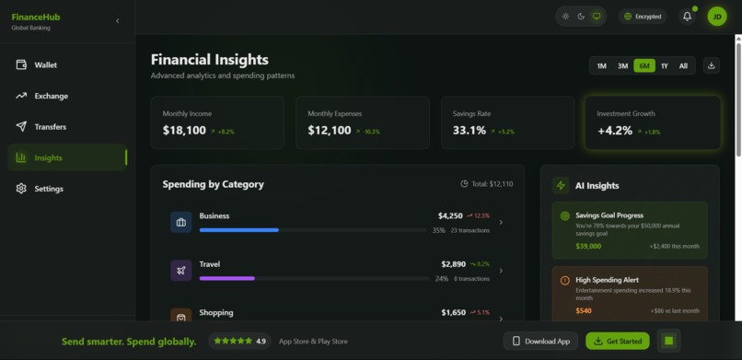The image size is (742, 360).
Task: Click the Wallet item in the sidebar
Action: click(x=45, y=65)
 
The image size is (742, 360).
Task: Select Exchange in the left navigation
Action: click(x=51, y=96)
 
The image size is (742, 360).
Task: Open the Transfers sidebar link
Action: click(x=50, y=127)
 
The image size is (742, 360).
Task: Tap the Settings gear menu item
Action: click(x=48, y=189)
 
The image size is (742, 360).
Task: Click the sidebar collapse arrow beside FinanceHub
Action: click(x=117, y=20)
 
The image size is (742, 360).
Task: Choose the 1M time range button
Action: click(x=601, y=66)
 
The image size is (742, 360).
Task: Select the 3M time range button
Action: click(x=622, y=66)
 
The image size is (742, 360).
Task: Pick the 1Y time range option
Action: click(x=664, y=66)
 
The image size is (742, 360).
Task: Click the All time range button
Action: click(x=683, y=66)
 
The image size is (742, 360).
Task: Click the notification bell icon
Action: click(x=687, y=17)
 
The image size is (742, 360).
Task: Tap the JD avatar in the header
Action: click(x=716, y=17)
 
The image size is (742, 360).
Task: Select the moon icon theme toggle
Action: click(x=581, y=17)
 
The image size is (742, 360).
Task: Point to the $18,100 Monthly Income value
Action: click(x=184, y=131)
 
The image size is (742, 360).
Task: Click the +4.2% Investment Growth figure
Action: click(x=615, y=131)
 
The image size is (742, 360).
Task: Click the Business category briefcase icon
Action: click(x=180, y=222)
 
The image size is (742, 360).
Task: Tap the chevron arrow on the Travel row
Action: click(x=501, y=271)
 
